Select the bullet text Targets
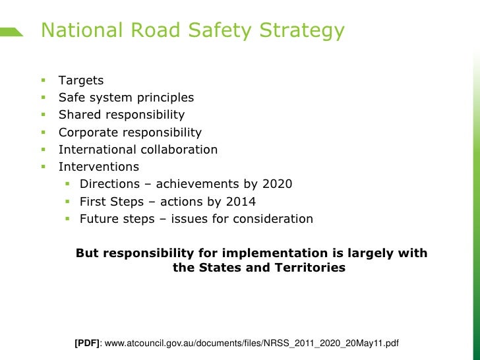[x=81, y=80]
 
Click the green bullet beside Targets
[x=42, y=80]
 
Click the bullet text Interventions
[x=99, y=167]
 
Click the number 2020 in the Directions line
[x=277, y=184]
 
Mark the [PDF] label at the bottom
[x=88, y=344]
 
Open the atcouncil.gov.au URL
[x=252, y=344]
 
